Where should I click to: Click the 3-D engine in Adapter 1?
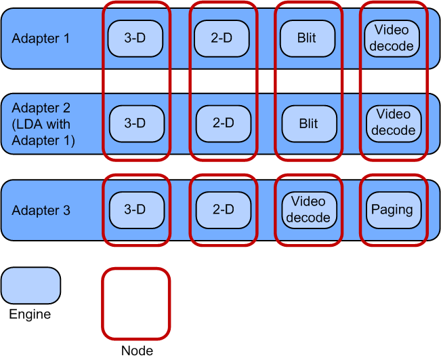pyautogui.click(x=135, y=39)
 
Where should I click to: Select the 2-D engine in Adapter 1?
pyautogui.click(x=222, y=39)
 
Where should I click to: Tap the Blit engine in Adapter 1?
pyautogui.click(x=307, y=39)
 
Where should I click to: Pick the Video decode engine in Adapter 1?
pyautogui.click(x=392, y=39)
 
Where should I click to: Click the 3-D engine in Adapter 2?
pyautogui.click(x=135, y=123)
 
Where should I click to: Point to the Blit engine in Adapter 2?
pyautogui.click(x=308, y=123)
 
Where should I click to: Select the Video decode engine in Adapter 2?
pyautogui.click(x=394, y=123)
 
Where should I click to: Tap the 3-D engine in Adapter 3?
pyautogui.click(x=135, y=209)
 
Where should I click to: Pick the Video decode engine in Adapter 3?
pyautogui.click(x=308, y=209)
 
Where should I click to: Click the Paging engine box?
pyautogui.click(x=392, y=209)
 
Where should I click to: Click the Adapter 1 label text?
pyautogui.click(x=41, y=39)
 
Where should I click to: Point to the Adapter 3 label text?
pyautogui.click(x=41, y=210)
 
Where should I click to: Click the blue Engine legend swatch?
pyautogui.click(x=30, y=285)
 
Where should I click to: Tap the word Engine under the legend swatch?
pyautogui.click(x=30, y=315)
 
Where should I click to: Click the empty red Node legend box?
pyautogui.click(x=135, y=303)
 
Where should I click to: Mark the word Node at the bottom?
pyautogui.click(x=137, y=351)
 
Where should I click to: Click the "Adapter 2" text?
pyautogui.click(x=41, y=108)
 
